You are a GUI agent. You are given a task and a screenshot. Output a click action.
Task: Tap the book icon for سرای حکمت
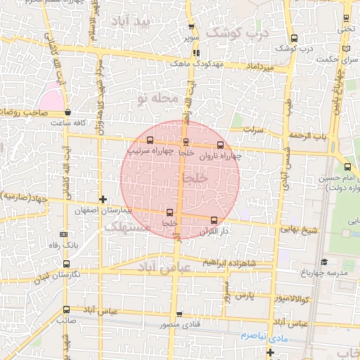click(x=345, y=49)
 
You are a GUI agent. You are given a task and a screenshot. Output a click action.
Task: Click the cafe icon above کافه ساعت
click(x=67, y=112)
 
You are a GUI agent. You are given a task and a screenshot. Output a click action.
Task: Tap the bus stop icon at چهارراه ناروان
click(x=221, y=146)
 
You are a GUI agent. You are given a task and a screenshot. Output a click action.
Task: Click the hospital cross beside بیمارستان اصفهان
click(x=104, y=200)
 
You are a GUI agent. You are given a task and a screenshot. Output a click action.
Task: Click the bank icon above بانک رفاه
click(x=64, y=234)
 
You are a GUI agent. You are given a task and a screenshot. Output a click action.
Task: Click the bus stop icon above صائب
click(x=66, y=309)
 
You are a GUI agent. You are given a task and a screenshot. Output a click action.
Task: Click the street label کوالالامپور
click(x=290, y=298)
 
